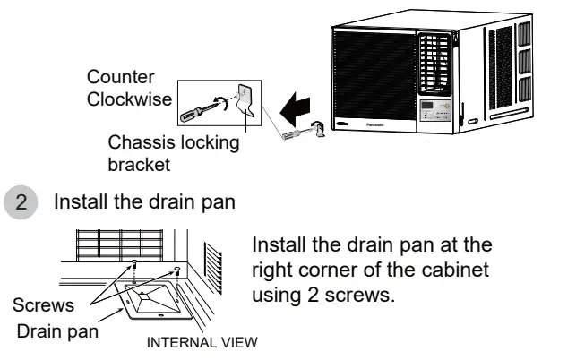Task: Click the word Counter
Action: pyautogui.click(x=115, y=78)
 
